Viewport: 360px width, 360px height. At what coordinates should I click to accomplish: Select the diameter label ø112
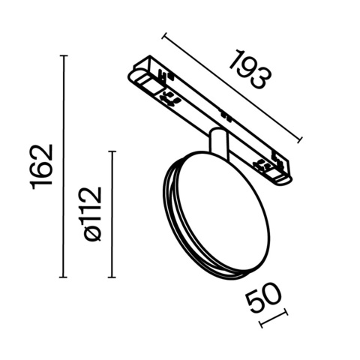[x=92, y=214]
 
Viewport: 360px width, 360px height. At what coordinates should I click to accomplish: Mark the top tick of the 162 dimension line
[x=64, y=56]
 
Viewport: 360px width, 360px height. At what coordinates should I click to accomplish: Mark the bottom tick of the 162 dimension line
[x=64, y=277]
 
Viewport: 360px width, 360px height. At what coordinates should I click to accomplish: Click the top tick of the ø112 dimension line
[x=113, y=151]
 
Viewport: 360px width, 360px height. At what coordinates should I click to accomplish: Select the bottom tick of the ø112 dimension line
[x=113, y=277]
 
